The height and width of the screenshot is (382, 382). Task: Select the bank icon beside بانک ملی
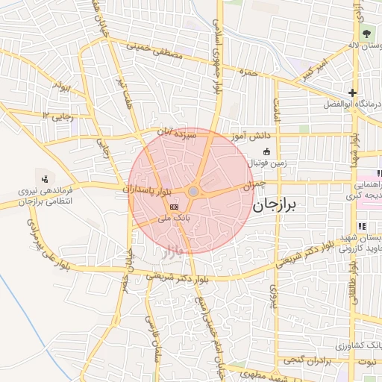pos(174,206)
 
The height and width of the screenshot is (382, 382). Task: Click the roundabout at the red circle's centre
pos(193,192)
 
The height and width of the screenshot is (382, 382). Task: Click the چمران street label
pos(254,184)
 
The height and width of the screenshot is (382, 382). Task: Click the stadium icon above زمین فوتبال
pos(266,152)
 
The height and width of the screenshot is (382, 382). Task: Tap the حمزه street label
pos(248,72)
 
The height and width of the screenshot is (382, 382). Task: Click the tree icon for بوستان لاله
pos(366,34)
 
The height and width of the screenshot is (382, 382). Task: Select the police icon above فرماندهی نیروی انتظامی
pos(46,178)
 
